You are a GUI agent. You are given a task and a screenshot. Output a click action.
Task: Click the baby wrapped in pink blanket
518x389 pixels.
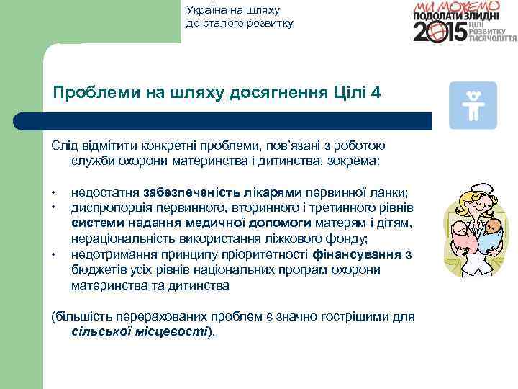click(x=461, y=234)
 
